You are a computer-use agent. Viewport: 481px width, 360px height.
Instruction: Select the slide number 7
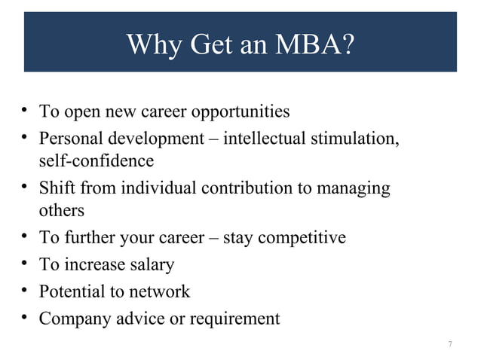pos(450,344)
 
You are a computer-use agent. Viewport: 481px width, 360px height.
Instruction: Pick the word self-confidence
pos(97,161)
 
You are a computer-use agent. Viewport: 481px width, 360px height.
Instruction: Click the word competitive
pos(302,238)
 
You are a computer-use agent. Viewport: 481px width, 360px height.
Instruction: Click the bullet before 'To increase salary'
pos(25,264)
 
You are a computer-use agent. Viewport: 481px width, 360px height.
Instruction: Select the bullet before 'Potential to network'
pos(25,291)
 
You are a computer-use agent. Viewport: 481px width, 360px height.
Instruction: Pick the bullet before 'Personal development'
pos(25,139)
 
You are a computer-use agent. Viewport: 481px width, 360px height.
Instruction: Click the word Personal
pos(69,139)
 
